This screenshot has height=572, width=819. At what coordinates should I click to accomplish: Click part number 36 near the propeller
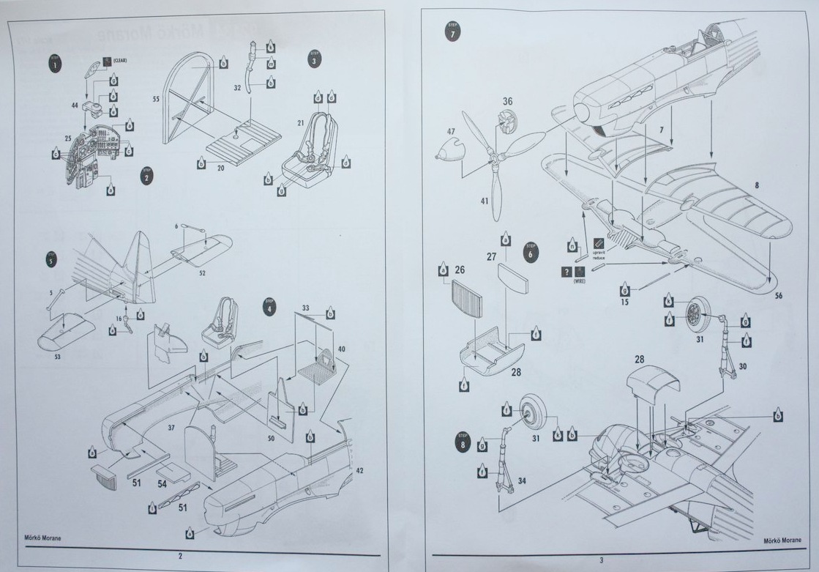(507, 101)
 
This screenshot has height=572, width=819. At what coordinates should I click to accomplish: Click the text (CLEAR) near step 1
(119, 61)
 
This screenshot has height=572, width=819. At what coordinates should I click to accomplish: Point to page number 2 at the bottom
(179, 555)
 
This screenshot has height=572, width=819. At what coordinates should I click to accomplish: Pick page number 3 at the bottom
(601, 560)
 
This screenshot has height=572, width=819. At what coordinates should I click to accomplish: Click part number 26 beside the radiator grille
(459, 270)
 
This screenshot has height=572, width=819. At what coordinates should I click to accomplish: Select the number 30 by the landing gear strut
(744, 366)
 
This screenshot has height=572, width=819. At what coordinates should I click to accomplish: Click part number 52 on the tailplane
(201, 274)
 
